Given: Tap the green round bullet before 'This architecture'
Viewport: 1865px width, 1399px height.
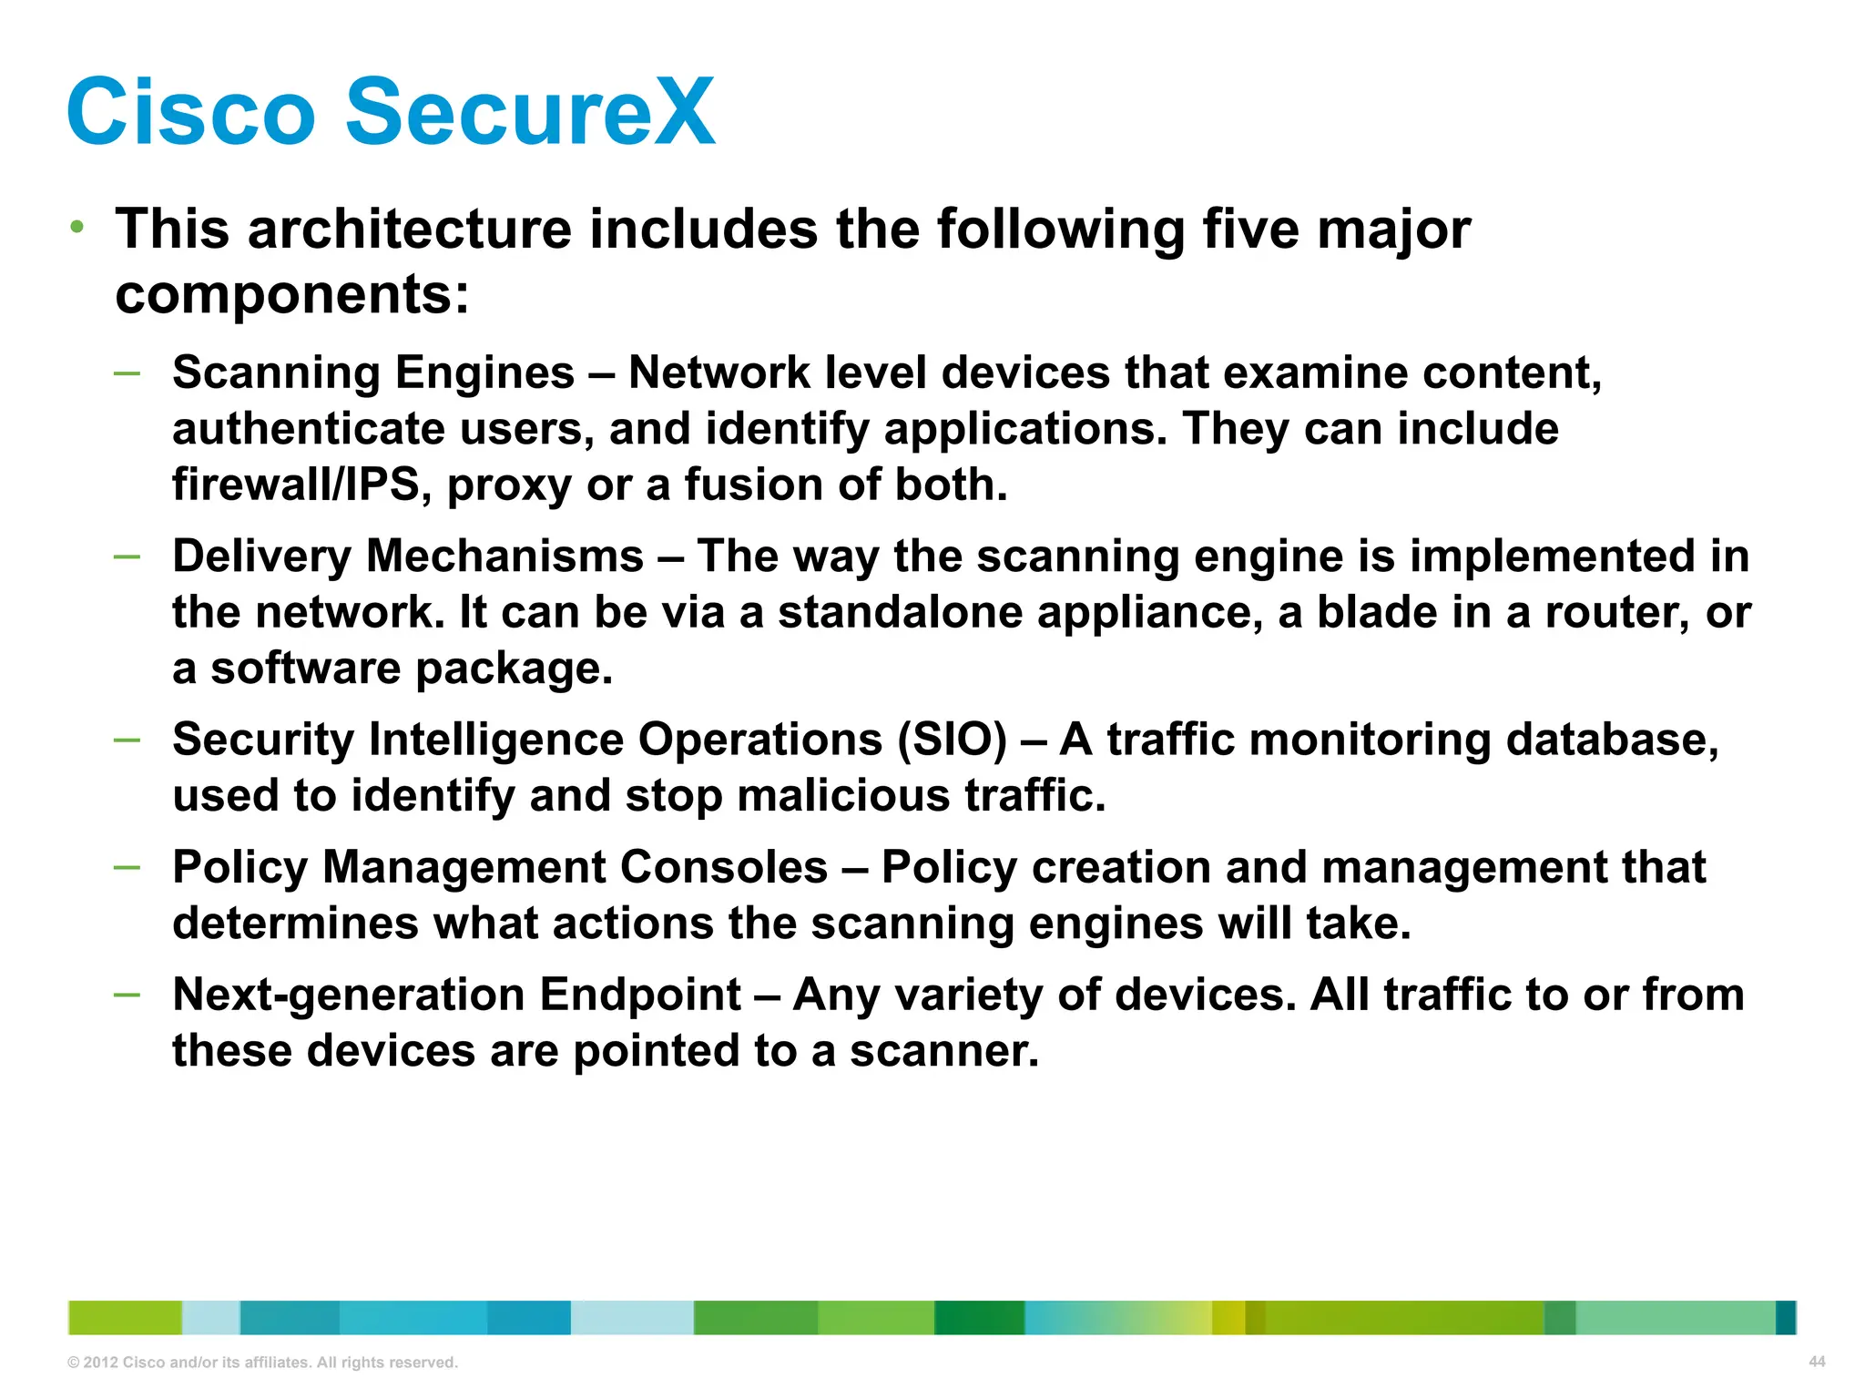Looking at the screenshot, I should pyautogui.click(x=78, y=226).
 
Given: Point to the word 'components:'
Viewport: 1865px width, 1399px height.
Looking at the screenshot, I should pyautogui.click(x=292, y=294).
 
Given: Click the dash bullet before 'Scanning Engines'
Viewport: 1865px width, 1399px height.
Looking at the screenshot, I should pyautogui.click(x=127, y=373).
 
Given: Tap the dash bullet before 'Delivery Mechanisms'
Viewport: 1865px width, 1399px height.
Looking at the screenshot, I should pyautogui.click(x=127, y=556).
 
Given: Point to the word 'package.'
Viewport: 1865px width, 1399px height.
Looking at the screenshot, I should pyautogui.click(x=515, y=669).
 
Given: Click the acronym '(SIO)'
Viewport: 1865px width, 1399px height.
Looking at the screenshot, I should pyautogui.click(x=953, y=739).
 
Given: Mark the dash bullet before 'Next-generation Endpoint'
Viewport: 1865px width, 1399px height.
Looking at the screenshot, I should pyautogui.click(x=127, y=995).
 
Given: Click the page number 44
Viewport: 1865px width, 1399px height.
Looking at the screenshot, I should pyautogui.click(x=1817, y=1362).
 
